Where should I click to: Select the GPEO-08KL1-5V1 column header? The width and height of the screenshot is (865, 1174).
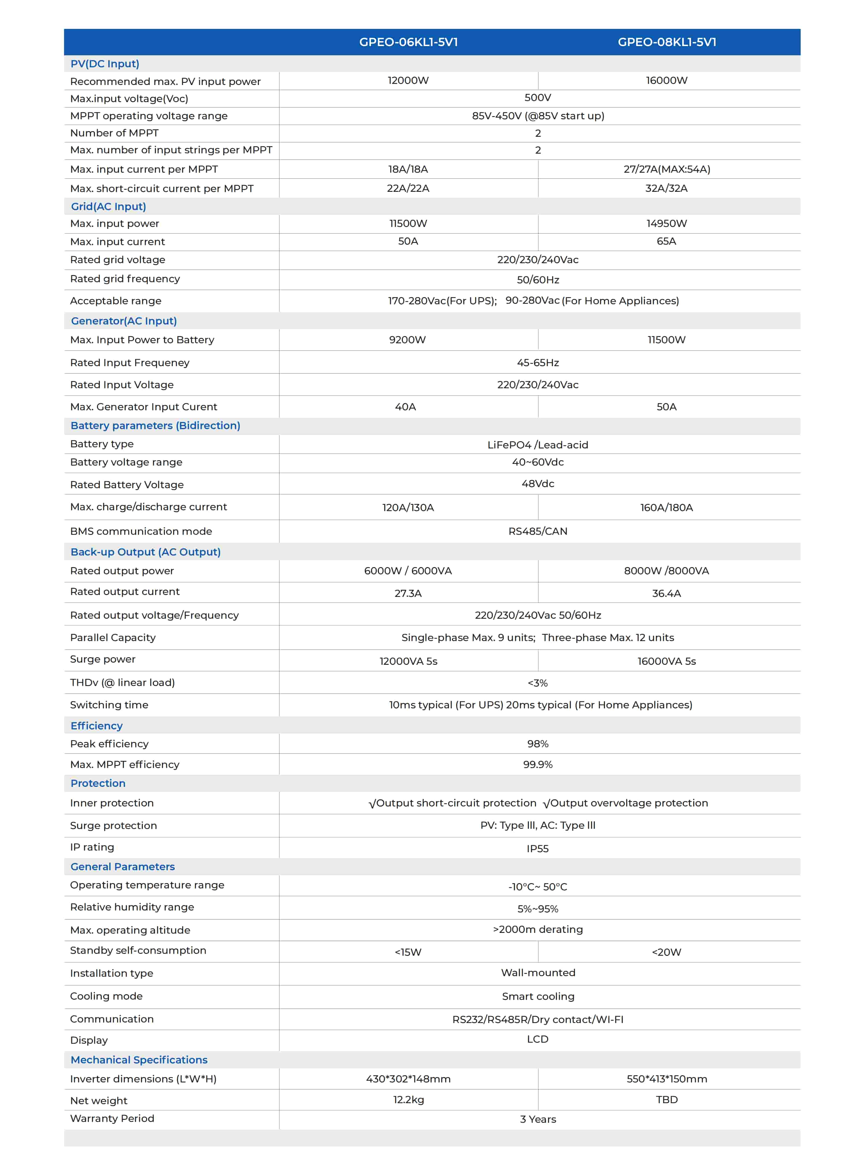pyautogui.click(x=667, y=42)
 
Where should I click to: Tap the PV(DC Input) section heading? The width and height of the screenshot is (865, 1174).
pyautogui.click(x=105, y=64)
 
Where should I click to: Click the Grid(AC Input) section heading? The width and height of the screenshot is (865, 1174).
pyautogui.click(x=108, y=206)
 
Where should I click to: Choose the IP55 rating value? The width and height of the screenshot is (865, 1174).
pyautogui.click(x=538, y=849)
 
